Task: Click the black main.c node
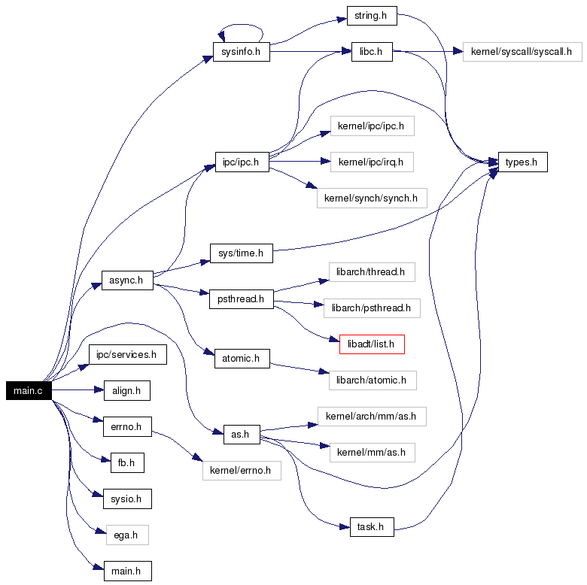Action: pyautogui.click(x=29, y=390)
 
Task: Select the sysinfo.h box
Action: pyautogui.click(x=242, y=52)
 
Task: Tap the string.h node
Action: pyautogui.click(x=372, y=16)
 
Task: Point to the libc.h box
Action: pyautogui.click(x=372, y=52)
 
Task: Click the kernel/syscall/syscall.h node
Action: pyautogui.click(x=522, y=52)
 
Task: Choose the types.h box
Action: pyautogui.click(x=522, y=162)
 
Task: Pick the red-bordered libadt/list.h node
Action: pyautogui.click(x=372, y=344)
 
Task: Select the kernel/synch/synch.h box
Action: pyautogui.click(x=372, y=198)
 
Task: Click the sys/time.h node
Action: pyautogui.click(x=242, y=253)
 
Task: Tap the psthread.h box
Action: pyautogui.click(x=242, y=299)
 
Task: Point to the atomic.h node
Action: pyautogui.click(x=242, y=359)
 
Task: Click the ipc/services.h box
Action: pyautogui.click(x=128, y=355)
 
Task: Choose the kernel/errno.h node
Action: pyautogui.click(x=242, y=471)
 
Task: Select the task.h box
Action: pyautogui.click(x=372, y=527)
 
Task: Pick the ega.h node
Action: pyautogui.click(x=127, y=535)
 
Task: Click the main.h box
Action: pyautogui.click(x=128, y=571)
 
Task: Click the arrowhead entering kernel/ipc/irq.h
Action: pyautogui.click(x=326, y=162)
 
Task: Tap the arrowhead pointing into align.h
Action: pyautogui.click(x=99, y=389)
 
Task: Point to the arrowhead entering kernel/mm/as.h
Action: pyautogui.click(x=325, y=445)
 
